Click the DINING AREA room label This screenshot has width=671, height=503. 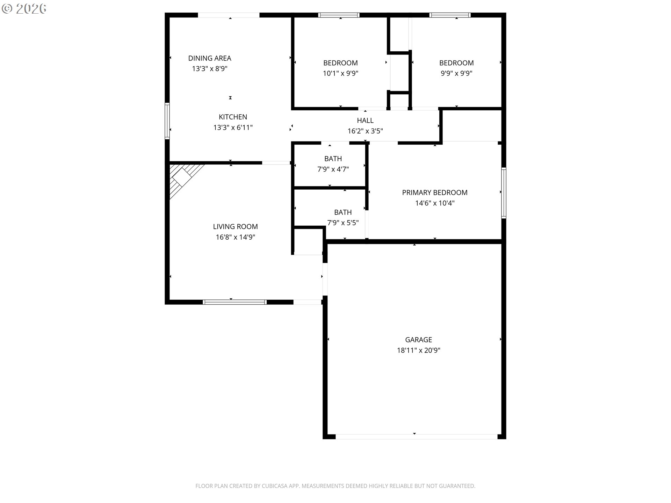click(x=210, y=58)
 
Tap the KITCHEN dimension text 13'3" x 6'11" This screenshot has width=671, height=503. click(x=233, y=127)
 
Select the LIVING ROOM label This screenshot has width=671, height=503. click(x=236, y=227)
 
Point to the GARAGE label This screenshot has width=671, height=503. click(x=419, y=340)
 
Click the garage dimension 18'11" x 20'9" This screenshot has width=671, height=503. click(x=419, y=350)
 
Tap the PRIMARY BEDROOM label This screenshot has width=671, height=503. click(x=435, y=192)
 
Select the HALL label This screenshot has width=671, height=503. click(x=365, y=121)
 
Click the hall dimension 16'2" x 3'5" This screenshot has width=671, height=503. click(x=365, y=131)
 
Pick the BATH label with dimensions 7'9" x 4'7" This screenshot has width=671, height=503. click(x=333, y=159)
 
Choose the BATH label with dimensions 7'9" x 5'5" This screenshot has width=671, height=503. click(x=343, y=212)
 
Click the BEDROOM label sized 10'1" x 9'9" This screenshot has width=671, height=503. click(x=340, y=63)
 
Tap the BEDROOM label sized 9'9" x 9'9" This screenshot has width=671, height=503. click(x=456, y=63)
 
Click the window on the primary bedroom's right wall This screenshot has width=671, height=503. click(x=504, y=193)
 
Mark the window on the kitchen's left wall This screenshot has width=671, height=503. click(x=167, y=121)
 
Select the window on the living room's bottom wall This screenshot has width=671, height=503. click(x=235, y=302)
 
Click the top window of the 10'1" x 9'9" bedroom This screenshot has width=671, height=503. click(x=339, y=15)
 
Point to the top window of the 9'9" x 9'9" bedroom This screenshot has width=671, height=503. click(x=450, y=15)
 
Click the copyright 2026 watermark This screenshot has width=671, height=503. click(x=24, y=9)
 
